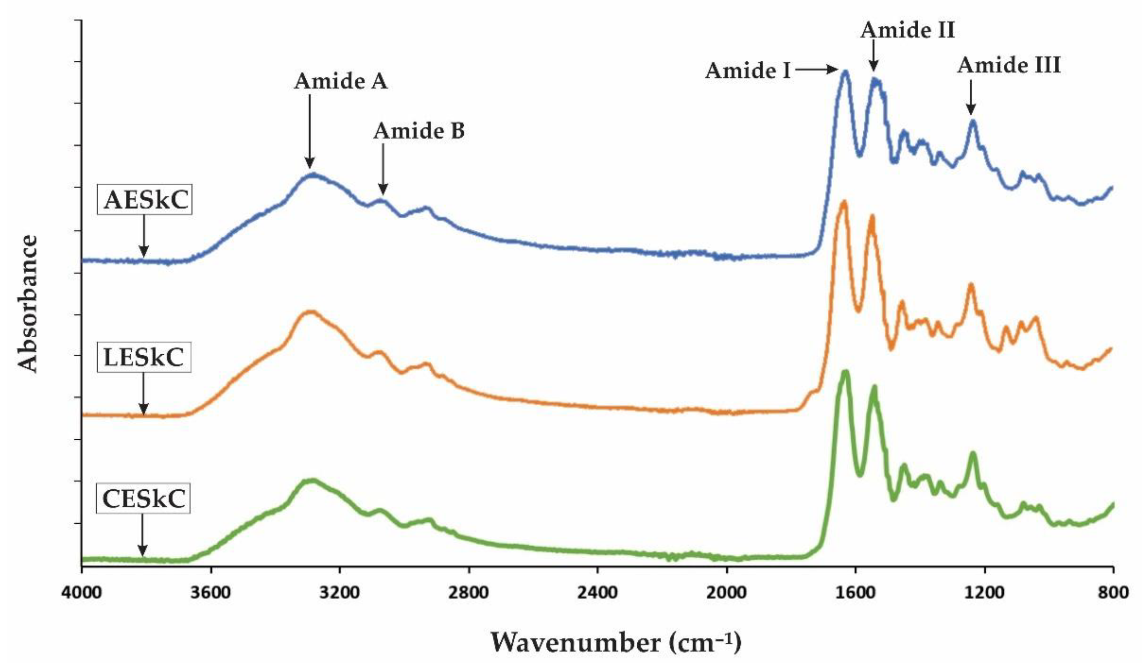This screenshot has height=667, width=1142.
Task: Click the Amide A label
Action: (341, 82)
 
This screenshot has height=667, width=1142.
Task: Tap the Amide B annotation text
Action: (419, 131)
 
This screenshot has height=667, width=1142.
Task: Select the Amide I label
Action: (748, 71)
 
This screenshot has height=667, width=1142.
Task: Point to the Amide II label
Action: (908, 30)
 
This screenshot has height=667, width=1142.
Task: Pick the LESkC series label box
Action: (144, 357)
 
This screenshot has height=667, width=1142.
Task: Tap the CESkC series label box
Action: (144, 499)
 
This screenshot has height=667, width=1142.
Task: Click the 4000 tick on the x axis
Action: (82, 592)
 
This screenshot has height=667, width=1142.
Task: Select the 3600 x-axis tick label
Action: (211, 592)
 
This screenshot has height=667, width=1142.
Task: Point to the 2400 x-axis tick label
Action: (598, 592)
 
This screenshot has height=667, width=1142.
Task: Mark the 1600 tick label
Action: (855, 592)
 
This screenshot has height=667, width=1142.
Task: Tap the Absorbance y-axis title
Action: (28, 303)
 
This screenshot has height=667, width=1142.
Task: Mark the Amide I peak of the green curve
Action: (845, 372)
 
